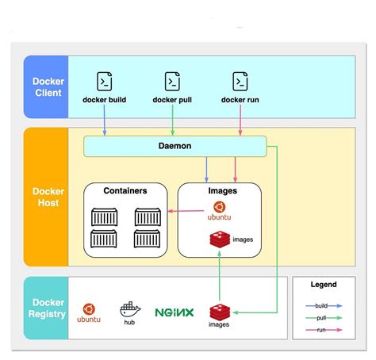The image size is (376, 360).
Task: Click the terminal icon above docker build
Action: [105, 81]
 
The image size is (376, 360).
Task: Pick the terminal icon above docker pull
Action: [172, 81]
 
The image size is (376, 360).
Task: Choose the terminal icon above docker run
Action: [240, 81]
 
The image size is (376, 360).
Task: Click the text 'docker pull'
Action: [172, 100]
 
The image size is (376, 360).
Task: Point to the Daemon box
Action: [175, 146]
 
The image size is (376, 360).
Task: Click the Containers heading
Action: [126, 191]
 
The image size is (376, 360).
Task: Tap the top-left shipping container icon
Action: [105, 216]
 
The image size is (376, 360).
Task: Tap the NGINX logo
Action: [175, 312]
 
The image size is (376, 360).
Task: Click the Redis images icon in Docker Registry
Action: [220, 311]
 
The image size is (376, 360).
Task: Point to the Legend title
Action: [323, 285]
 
